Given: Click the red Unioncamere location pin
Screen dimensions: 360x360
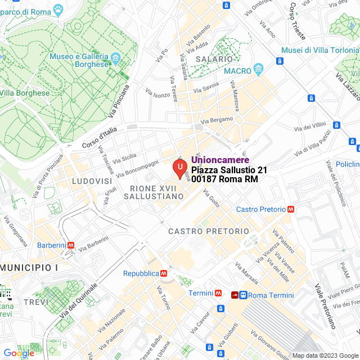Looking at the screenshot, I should tap(179, 168).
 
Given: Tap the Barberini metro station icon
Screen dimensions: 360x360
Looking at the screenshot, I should tap(71, 245).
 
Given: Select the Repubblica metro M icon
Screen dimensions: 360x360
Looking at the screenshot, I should tap(163, 273).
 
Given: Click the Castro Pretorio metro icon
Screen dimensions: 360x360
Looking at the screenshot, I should tap(290, 209).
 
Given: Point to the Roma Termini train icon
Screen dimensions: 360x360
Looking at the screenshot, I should tap(243, 295).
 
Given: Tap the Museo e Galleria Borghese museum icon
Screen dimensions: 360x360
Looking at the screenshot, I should tap(115, 57).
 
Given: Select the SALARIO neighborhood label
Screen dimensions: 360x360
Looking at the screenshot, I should tap(214, 59).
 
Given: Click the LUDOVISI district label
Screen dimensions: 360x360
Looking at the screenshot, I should tap(92, 182).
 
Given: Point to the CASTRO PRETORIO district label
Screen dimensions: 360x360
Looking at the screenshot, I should tap(208, 231).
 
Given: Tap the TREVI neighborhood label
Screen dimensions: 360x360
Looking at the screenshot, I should tap(36, 302).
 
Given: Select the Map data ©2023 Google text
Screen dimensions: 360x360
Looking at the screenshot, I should tap(325, 355).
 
